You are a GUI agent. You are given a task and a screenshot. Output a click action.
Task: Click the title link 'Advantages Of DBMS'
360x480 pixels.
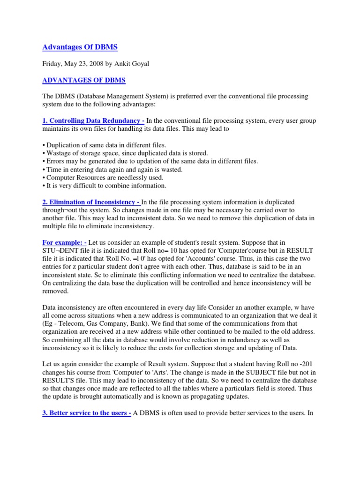pos(80,47)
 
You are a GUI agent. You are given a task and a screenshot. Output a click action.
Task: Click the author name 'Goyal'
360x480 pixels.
pos(139,64)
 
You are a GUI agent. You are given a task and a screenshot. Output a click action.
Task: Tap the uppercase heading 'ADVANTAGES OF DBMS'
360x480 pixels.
pos(84,80)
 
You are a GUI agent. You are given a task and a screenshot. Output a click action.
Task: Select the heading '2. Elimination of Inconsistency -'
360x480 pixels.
pos(91,202)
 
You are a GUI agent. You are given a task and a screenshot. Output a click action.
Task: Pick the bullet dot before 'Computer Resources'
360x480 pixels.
pos(44,178)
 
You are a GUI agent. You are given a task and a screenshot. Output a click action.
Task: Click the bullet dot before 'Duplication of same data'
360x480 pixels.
pos(44,145)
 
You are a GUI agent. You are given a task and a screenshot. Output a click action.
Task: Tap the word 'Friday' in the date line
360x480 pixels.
pos(52,64)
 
